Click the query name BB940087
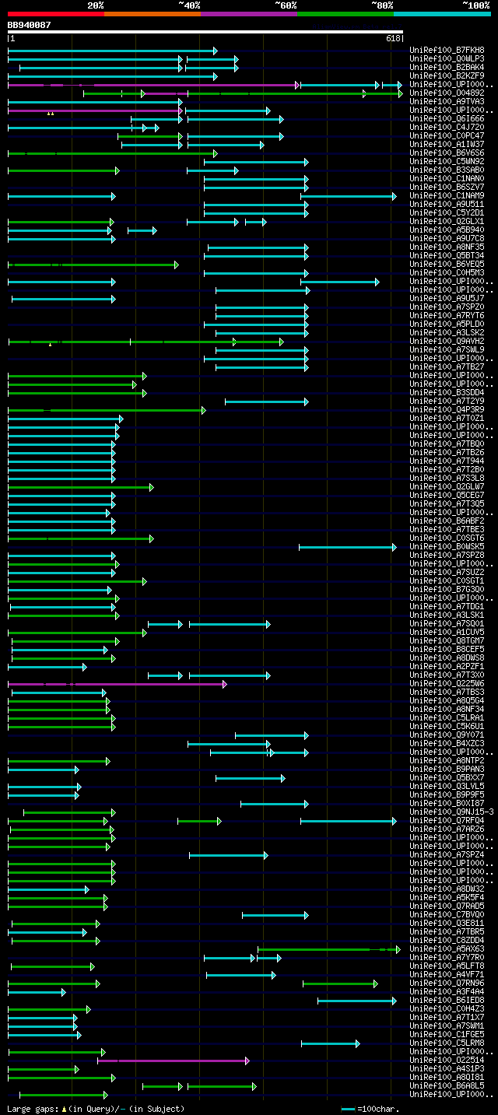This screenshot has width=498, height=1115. click(29, 25)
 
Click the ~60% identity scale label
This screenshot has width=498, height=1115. click(286, 5)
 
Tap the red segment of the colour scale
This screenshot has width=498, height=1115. click(55, 14)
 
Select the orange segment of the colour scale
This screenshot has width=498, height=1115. click(152, 14)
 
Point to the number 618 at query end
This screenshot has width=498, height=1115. click(392, 38)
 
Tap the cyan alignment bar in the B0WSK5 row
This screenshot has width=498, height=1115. click(347, 547)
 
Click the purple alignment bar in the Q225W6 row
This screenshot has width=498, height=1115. click(117, 684)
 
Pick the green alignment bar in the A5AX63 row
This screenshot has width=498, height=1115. click(327, 949)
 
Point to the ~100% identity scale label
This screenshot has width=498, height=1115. click(475, 5)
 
